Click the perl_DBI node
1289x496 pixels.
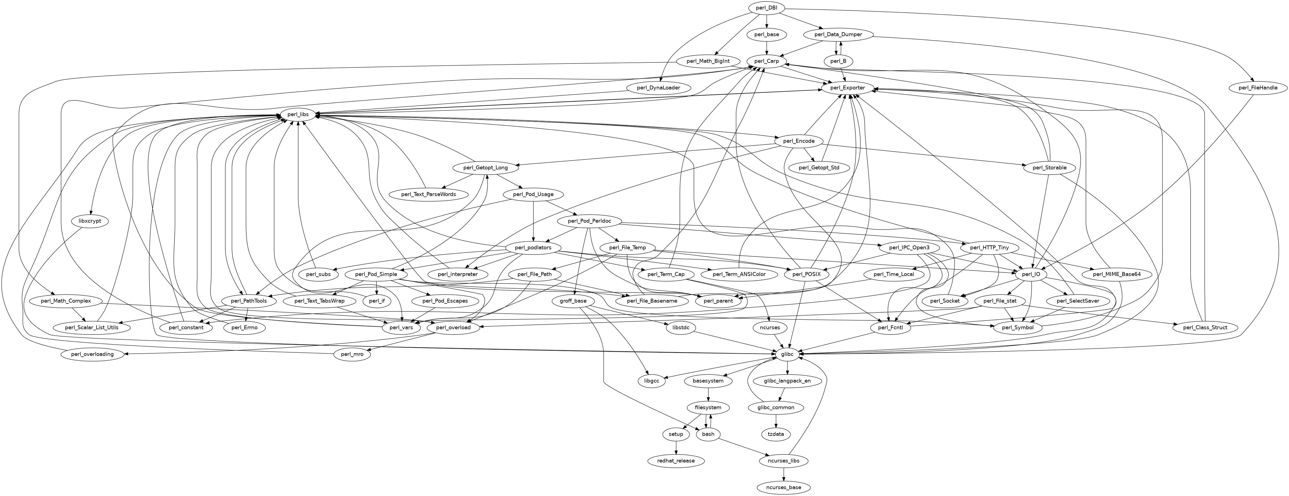[x=767, y=8]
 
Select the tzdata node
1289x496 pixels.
[x=776, y=434]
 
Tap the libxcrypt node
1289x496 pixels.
[x=90, y=221]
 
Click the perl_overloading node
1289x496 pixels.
[x=93, y=354]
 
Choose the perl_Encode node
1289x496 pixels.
[x=798, y=141]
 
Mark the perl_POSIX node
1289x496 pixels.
[x=803, y=274]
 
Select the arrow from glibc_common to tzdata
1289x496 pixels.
[x=776, y=421]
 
